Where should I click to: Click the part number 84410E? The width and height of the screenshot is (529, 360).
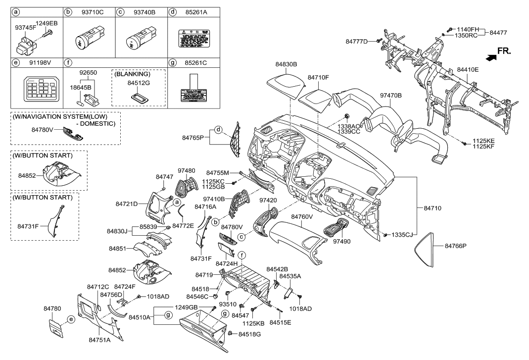(468, 70)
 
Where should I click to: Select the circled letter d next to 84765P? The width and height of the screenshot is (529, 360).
(218, 129)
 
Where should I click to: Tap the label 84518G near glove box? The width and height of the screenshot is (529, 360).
(249, 335)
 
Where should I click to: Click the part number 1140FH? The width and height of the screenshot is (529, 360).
(467, 29)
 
